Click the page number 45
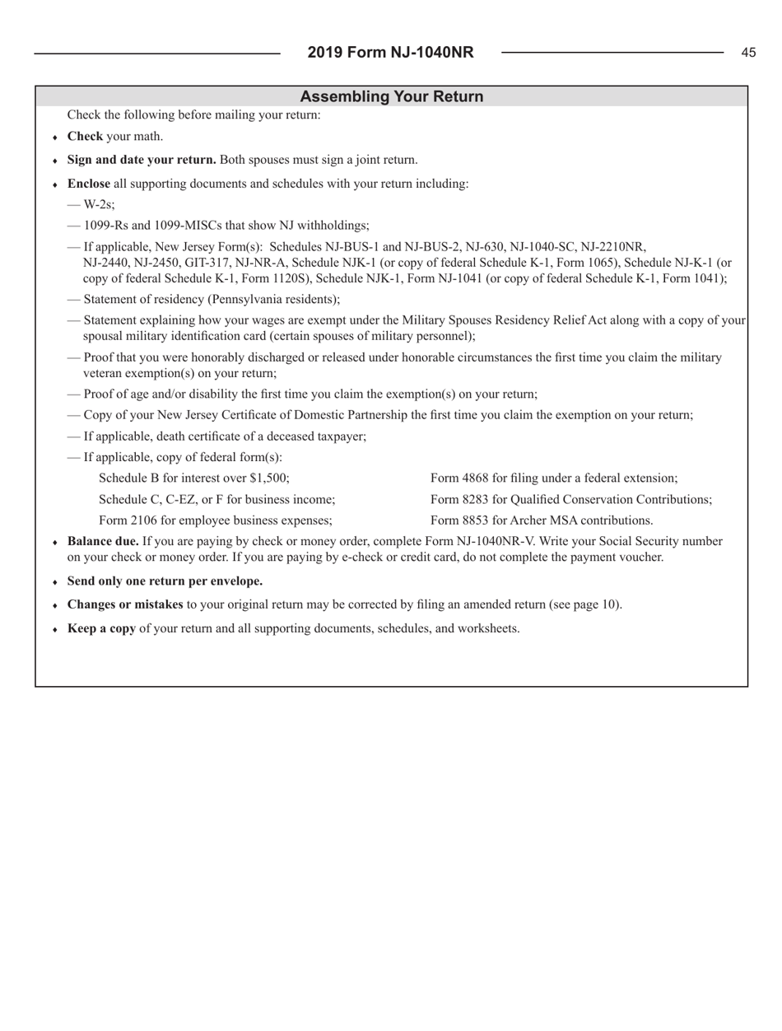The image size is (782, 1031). tap(747, 53)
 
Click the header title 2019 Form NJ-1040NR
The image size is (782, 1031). tap(390, 53)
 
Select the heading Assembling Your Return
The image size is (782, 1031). tap(391, 96)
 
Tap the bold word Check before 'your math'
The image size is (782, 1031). tap(84, 137)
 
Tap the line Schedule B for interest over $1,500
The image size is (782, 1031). tap(193, 478)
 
